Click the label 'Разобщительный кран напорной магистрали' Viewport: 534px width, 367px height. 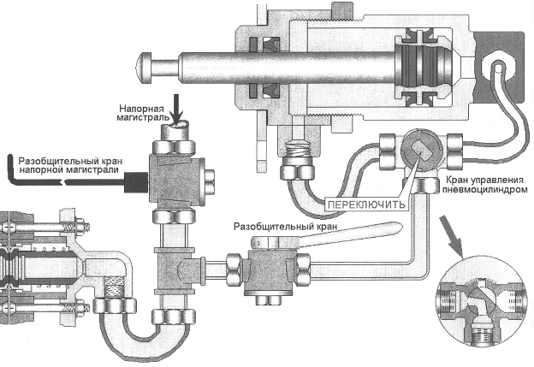point(69,165)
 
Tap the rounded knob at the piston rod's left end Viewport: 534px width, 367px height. point(156,63)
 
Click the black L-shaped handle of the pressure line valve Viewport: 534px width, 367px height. point(34,175)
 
